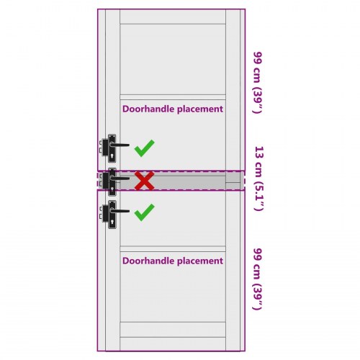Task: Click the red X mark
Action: [144, 181]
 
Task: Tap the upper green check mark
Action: [144, 148]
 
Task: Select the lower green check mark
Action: [144, 212]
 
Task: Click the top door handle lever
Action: [120, 145]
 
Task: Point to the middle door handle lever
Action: [120, 179]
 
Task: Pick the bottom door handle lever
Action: [120, 211]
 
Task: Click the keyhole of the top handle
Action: [112, 156]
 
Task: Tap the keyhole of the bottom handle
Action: [112, 222]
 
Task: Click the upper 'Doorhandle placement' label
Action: [173, 109]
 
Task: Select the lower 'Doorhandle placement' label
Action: [173, 261]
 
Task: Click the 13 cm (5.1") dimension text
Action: [258, 179]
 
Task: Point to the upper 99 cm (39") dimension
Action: [258, 82]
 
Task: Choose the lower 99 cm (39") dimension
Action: [258, 279]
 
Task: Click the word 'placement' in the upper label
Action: [200, 109]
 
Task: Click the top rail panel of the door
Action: [173, 17]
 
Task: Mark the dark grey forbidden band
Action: [171, 181]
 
